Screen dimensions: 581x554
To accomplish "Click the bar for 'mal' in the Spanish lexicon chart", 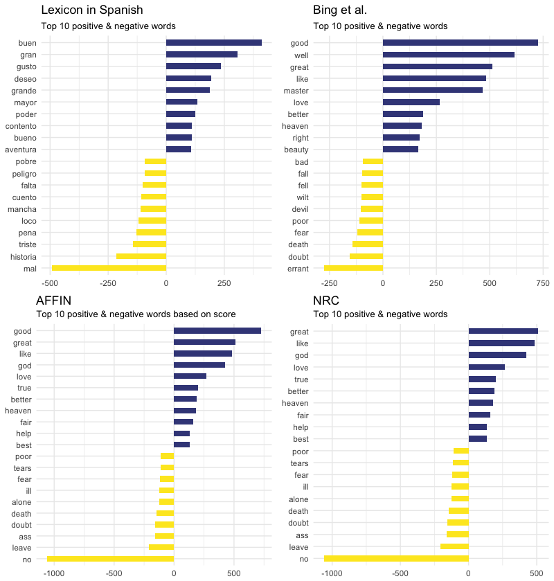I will [109, 268].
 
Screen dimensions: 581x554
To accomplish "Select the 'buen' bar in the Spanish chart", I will [213, 43].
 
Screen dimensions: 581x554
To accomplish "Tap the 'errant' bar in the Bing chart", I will [353, 268].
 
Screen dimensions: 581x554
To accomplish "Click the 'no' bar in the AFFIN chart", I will [110, 559].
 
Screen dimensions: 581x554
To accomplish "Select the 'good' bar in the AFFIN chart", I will [217, 331].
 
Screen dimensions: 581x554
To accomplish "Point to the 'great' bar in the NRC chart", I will [503, 331].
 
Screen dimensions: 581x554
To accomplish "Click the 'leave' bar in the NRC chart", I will [454, 547].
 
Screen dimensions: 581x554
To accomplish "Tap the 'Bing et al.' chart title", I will [340, 10].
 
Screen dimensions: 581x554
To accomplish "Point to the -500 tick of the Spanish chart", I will [50, 283].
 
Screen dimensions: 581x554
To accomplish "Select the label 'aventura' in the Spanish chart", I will [21, 150].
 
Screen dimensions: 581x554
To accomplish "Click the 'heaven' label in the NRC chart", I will [295, 403].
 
